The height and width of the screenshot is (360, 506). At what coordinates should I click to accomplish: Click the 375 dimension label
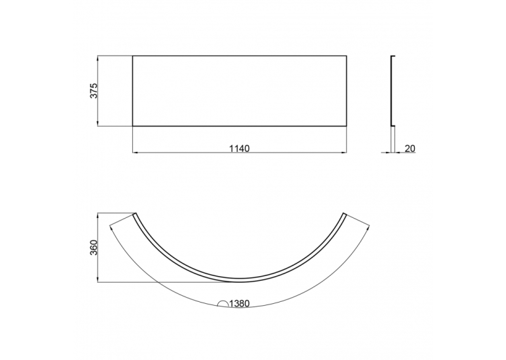(x=93, y=90)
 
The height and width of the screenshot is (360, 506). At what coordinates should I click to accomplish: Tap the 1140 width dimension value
(x=239, y=149)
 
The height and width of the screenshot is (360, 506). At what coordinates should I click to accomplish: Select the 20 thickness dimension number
(x=410, y=149)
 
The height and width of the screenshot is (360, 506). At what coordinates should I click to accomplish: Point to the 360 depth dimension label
(x=93, y=248)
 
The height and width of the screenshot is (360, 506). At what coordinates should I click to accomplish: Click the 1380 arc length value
(x=239, y=304)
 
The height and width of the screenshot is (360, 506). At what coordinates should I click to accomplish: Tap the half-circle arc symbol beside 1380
(x=223, y=303)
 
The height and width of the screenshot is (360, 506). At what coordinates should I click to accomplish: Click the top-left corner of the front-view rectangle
(x=133, y=55)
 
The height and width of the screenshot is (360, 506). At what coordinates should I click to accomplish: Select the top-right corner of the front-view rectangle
(x=347, y=55)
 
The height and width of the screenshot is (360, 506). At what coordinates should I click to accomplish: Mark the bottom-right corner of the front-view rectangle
(x=347, y=126)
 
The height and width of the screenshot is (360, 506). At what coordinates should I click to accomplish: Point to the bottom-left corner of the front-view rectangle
(x=133, y=126)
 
